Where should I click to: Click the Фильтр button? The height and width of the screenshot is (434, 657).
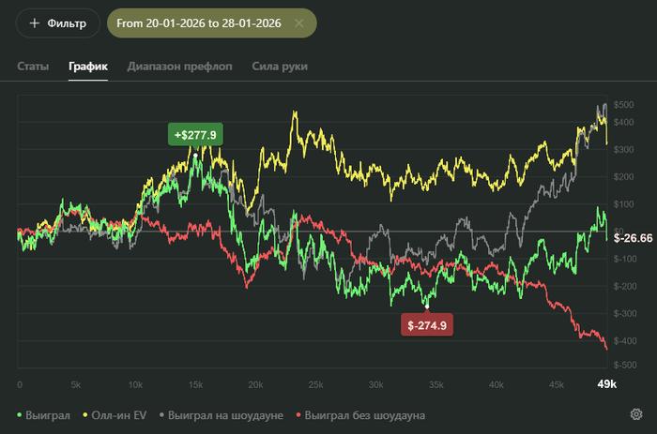(57, 22)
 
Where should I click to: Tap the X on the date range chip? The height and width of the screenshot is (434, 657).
(298, 22)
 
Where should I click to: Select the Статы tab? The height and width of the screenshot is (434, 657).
(32, 67)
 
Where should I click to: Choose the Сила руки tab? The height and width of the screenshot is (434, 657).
(280, 67)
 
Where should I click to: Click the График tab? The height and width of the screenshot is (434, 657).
(88, 67)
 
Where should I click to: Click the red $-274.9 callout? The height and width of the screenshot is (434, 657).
(427, 325)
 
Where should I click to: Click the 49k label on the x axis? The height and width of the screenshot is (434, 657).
(607, 384)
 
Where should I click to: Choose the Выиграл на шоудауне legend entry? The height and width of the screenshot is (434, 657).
(224, 414)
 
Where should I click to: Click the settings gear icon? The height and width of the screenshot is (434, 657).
(636, 414)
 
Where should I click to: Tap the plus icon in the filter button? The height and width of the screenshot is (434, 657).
(35, 22)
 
